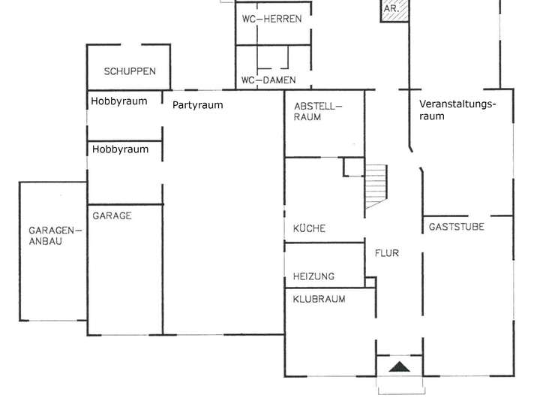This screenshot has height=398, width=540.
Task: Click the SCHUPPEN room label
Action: (x=130, y=71)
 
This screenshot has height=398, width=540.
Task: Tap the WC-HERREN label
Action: (x=271, y=19)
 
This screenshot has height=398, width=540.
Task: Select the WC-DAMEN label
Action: (x=268, y=80)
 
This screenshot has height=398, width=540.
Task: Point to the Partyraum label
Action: (x=197, y=105)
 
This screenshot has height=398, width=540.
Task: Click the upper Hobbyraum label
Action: (x=119, y=101)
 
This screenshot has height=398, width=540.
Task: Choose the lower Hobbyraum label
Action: (x=120, y=149)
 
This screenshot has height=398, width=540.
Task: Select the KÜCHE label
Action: (x=309, y=228)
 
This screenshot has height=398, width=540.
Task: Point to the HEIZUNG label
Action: (x=313, y=276)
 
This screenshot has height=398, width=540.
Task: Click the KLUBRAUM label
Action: (x=319, y=299)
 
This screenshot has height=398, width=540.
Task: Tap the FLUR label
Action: (x=386, y=253)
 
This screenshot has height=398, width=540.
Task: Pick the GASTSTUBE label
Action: (x=456, y=226)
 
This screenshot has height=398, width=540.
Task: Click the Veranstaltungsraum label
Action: (x=457, y=110)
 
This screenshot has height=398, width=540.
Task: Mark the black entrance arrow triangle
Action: (x=400, y=366)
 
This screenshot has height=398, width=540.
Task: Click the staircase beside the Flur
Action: (x=377, y=188)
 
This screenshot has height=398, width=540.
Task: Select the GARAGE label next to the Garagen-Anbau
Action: (x=112, y=216)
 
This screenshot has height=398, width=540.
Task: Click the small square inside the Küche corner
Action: (x=353, y=167)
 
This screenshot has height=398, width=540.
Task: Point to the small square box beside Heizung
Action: (x=370, y=282)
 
